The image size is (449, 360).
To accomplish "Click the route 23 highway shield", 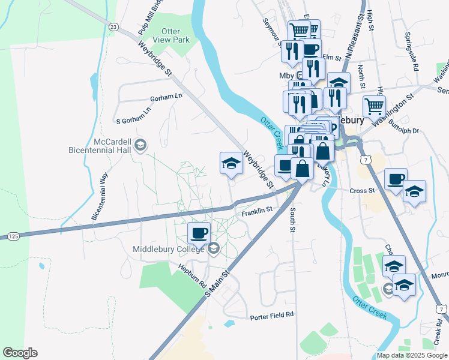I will coord(113,26).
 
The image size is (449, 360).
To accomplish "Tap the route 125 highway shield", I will coord(13,236).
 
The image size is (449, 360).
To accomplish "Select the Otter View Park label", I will coord(175,35).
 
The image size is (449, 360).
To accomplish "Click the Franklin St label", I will coord(258,211).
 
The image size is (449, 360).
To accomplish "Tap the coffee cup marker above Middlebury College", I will coord(199,233).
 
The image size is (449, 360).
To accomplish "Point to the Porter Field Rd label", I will coord(272,314).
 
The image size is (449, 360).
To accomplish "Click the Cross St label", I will coord(362,190).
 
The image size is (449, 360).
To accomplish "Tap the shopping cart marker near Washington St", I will coord(374,107).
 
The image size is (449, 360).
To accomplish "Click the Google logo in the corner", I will coord(20,353).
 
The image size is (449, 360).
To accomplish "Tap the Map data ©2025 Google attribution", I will coord(412,355).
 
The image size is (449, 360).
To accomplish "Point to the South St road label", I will coord(292,220).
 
